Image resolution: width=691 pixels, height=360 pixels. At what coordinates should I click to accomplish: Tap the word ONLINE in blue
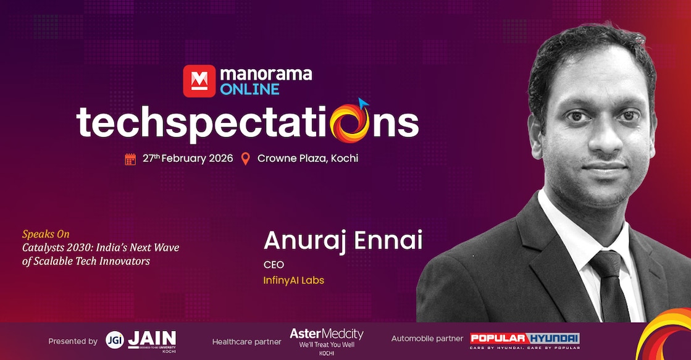(x=249, y=90)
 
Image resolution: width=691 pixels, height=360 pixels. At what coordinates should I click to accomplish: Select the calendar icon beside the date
(x=130, y=159)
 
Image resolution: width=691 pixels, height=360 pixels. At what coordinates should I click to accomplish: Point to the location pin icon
(x=245, y=159)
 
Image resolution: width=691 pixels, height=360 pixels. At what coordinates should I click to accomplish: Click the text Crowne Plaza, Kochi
(x=308, y=158)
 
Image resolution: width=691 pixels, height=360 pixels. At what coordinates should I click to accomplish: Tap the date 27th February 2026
(x=188, y=158)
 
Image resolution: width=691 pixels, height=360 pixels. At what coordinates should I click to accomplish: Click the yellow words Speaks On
(x=46, y=235)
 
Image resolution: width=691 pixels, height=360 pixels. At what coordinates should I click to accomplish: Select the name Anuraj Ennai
(x=343, y=241)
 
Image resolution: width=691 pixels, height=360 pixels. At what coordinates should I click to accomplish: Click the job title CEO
(x=274, y=265)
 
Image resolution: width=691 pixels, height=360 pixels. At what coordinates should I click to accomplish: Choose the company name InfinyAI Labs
(x=293, y=280)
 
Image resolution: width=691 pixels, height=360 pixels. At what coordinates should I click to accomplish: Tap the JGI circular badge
(x=113, y=340)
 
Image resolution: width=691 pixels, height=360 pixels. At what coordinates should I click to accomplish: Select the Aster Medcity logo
(x=326, y=338)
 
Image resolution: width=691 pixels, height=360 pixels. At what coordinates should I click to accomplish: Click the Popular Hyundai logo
(x=524, y=339)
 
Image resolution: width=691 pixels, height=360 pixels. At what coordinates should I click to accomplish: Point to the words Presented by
(x=73, y=341)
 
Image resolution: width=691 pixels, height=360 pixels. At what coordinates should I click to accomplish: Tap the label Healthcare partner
(x=246, y=341)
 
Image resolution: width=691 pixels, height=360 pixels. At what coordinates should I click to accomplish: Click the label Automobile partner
(x=427, y=338)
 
